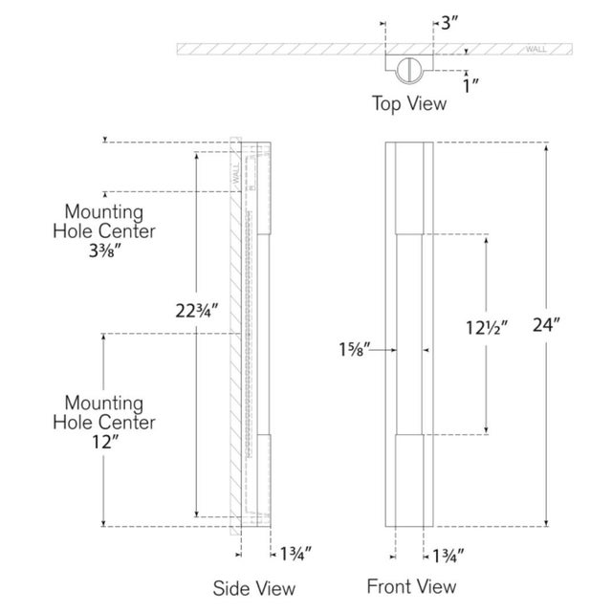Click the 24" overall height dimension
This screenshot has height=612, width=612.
546,325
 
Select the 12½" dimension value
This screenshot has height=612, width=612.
487,327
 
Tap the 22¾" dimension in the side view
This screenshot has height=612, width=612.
196,311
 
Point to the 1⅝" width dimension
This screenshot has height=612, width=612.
354,349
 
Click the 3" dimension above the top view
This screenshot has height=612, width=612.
449,23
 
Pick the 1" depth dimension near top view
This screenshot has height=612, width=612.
470,85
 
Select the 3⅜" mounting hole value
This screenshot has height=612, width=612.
105,251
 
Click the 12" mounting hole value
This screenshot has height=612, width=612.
105,442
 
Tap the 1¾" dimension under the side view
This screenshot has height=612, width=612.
295,554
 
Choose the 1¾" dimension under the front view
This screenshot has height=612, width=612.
448,556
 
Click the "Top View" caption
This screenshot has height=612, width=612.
409,104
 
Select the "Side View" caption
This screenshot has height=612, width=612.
254,588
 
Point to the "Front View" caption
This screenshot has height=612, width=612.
411,586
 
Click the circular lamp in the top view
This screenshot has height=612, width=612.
409,70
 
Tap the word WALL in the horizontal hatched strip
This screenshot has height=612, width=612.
535,49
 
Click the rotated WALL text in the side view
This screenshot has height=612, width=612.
236,174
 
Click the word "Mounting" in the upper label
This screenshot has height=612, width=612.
104,213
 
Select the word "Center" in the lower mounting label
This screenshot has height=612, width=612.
130,423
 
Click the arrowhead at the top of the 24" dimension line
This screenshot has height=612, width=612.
546,147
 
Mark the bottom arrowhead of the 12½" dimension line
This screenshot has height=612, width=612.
487,430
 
